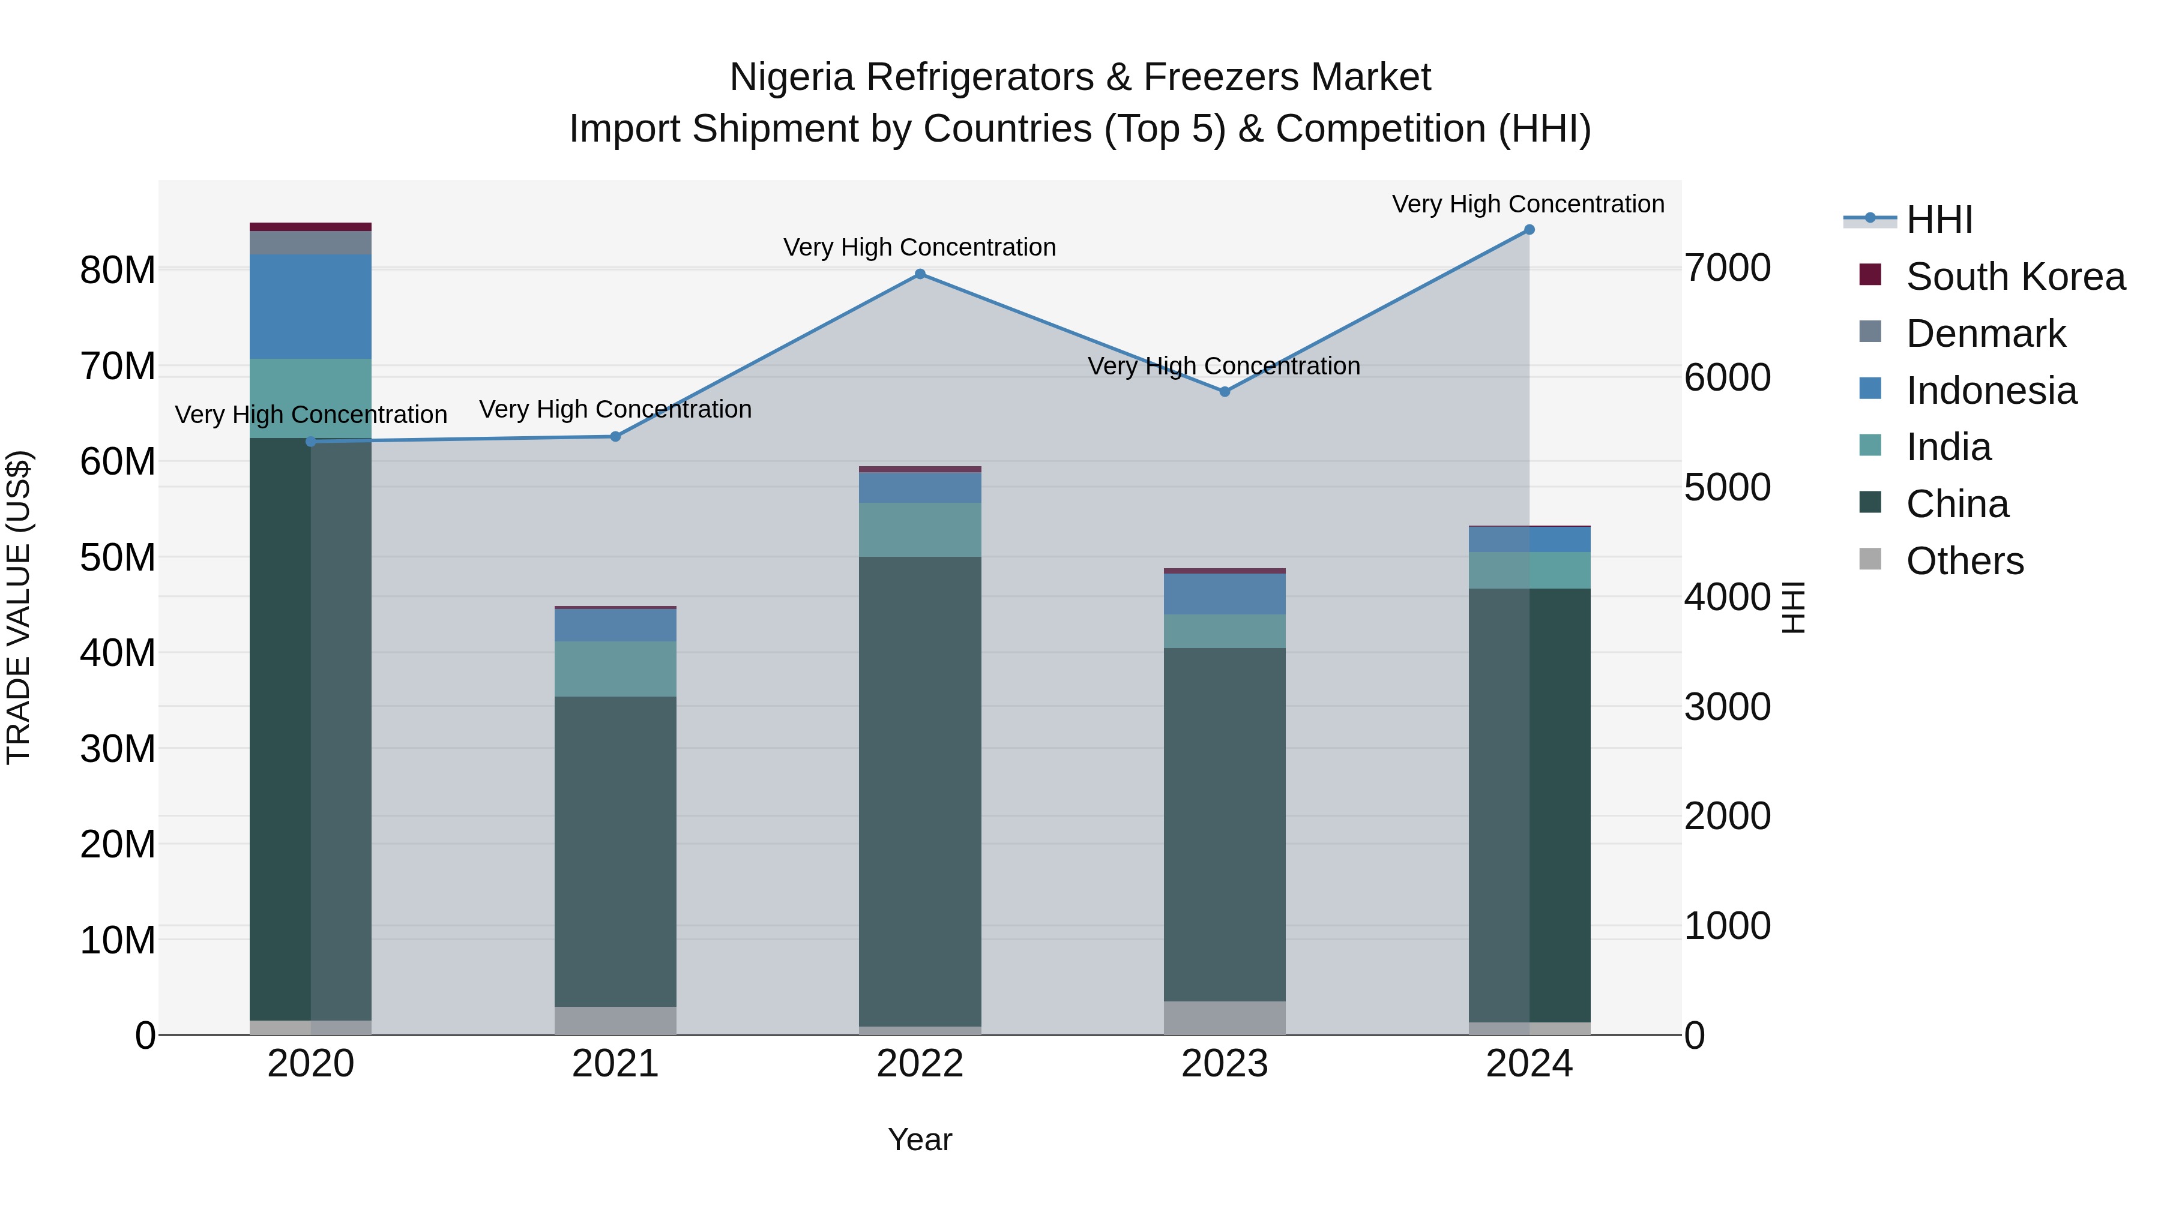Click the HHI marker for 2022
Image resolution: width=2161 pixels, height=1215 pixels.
(920, 274)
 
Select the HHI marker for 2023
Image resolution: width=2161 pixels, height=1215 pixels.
(1224, 392)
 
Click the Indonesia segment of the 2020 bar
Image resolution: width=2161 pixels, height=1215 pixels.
(310, 307)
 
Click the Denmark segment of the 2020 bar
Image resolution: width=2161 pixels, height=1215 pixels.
(310, 243)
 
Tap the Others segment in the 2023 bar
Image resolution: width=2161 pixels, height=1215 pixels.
(1224, 1018)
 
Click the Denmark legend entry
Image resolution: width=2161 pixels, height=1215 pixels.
(1985, 334)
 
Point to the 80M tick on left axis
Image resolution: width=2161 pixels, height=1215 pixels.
(118, 271)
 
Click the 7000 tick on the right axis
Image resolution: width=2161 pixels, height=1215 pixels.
(1727, 268)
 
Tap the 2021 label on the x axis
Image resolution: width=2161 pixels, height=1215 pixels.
(615, 1064)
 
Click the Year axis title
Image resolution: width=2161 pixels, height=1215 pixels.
(920, 1139)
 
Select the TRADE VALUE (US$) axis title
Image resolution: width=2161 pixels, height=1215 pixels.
(19, 607)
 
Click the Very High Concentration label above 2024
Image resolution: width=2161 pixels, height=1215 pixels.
(1528, 204)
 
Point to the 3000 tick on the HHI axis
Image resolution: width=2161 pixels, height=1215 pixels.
(1727, 707)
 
